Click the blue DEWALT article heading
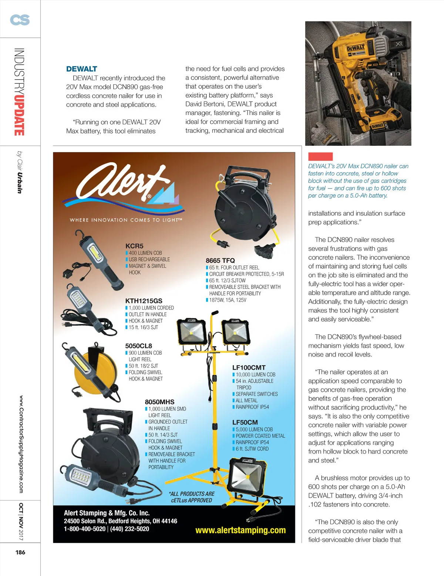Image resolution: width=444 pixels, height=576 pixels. pyautogui.click(x=81, y=69)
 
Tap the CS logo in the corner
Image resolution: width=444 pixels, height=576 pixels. pyautogui.click(x=20, y=20)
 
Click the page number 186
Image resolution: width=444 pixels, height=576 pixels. pyautogui.click(x=20, y=552)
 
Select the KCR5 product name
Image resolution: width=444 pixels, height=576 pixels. pyautogui.click(x=134, y=246)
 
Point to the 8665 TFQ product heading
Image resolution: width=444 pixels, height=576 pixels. pyautogui.click(x=220, y=261)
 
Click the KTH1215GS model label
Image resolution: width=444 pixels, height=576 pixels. pyautogui.click(x=144, y=301)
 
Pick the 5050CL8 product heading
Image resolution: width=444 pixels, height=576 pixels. pyautogui.click(x=138, y=346)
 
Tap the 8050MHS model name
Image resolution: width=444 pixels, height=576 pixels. pyautogui.click(x=159, y=402)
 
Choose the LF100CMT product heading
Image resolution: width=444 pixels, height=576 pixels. pyautogui.click(x=249, y=367)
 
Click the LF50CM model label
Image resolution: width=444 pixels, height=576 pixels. pyautogui.click(x=245, y=422)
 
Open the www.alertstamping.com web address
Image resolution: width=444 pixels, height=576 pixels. pyautogui.click(x=240, y=530)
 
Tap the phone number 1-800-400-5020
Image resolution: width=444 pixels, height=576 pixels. pyautogui.click(x=84, y=529)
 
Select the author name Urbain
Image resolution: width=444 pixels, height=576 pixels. pyautogui.click(x=20, y=183)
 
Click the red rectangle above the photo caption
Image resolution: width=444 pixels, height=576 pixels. pyautogui.click(x=320, y=156)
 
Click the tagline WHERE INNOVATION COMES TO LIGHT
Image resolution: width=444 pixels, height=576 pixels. pyautogui.click(x=126, y=220)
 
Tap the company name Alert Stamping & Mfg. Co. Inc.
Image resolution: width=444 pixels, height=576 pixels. pyautogui.click(x=107, y=513)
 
